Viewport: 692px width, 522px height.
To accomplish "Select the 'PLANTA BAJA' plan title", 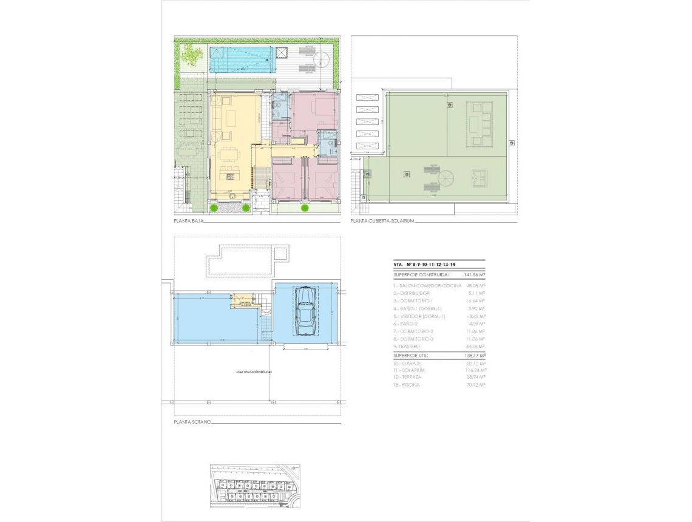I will (x=188, y=222).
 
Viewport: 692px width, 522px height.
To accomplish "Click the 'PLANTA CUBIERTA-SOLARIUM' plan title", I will (x=382, y=222).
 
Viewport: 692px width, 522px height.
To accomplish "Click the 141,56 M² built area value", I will (x=474, y=274).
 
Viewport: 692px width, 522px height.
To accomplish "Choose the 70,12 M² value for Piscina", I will (x=474, y=385).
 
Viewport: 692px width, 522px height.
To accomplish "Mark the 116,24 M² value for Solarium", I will (x=474, y=370).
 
